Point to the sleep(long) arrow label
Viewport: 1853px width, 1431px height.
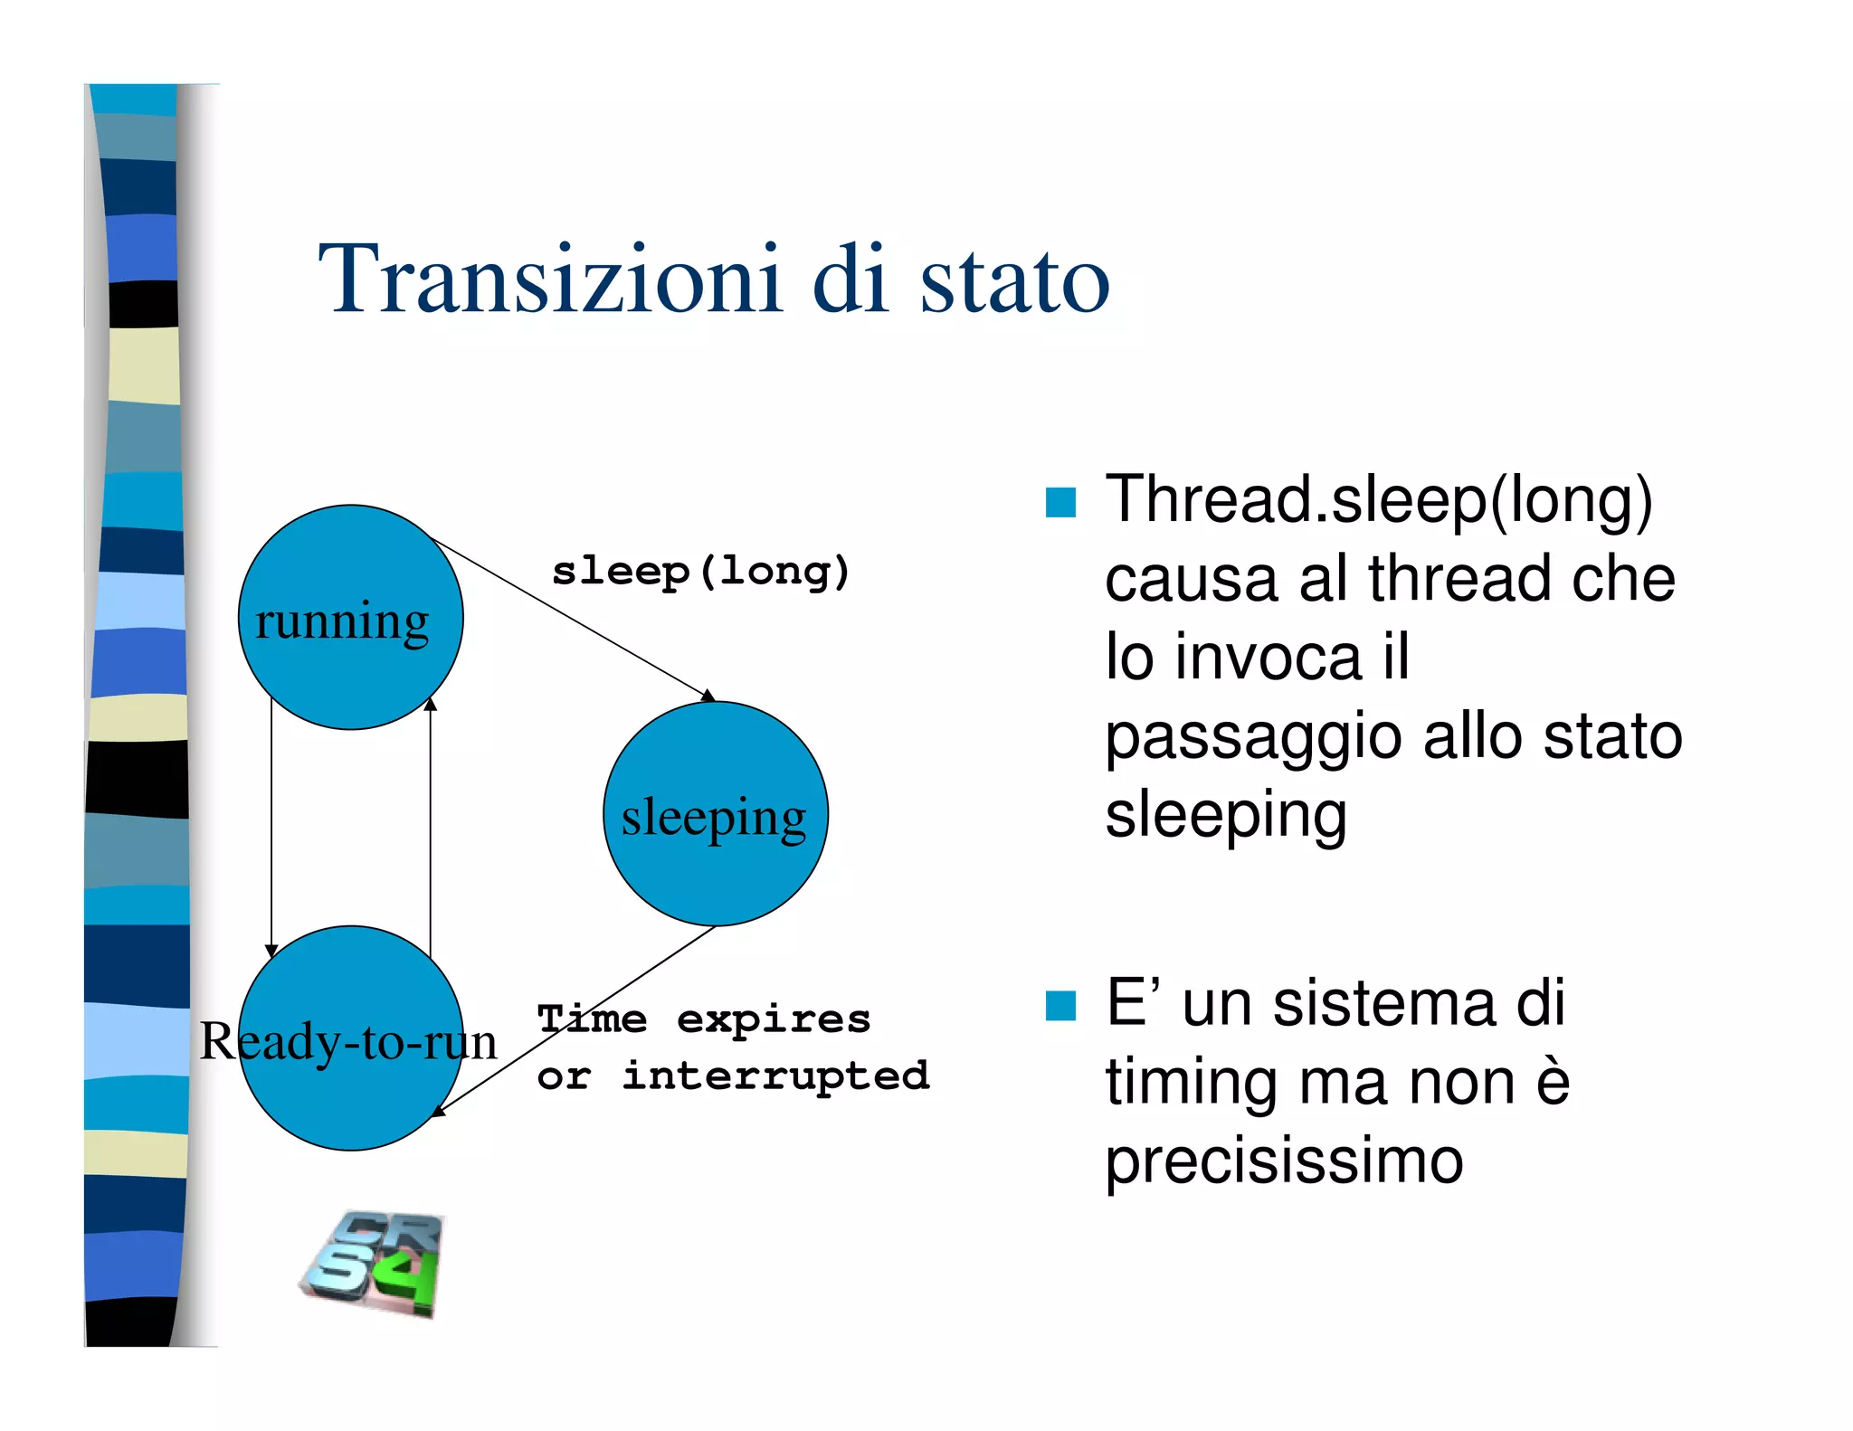pyautogui.click(x=700, y=572)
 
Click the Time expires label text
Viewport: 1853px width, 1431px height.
pyautogui.click(x=704, y=1019)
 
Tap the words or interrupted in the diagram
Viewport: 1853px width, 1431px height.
pyautogui.click(x=733, y=1076)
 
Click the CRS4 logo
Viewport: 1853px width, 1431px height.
pyautogui.click(x=374, y=1264)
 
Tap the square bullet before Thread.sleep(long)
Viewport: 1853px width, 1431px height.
pyautogui.click(x=1060, y=502)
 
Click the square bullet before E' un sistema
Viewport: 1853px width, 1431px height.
pyautogui.click(x=1060, y=1005)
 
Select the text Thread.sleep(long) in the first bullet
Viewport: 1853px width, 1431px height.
pyautogui.click(x=1378, y=500)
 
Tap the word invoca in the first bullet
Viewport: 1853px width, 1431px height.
pyautogui.click(x=1268, y=657)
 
